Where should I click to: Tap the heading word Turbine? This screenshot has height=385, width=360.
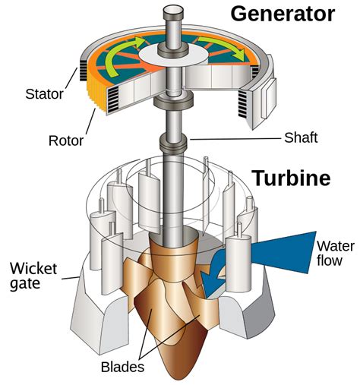tap(292, 178)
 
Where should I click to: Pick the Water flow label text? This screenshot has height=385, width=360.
tap(334, 253)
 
